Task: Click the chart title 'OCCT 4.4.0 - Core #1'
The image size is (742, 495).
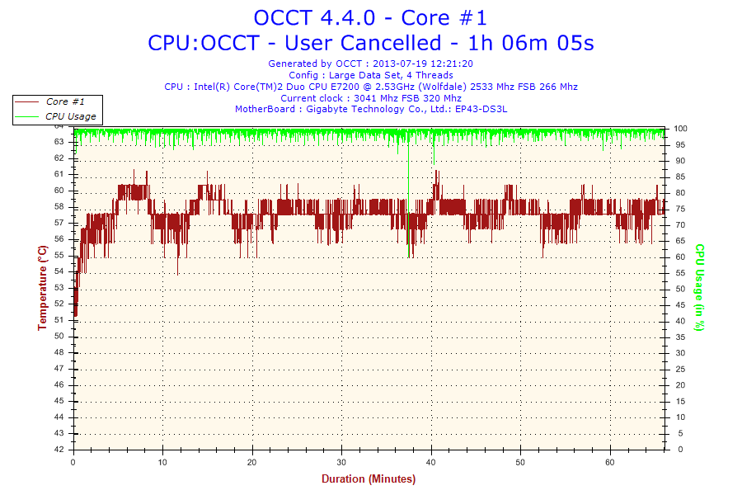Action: [x=370, y=17]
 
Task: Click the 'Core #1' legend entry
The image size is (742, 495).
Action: [x=65, y=101]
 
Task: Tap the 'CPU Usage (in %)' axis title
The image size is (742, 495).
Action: [x=699, y=287]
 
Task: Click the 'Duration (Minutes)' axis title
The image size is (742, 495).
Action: [x=369, y=479]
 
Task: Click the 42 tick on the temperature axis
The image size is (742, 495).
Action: [x=59, y=450]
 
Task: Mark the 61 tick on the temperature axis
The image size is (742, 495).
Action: [x=59, y=174]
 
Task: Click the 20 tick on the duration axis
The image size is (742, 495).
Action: [x=253, y=461]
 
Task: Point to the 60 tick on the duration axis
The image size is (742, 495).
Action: [x=610, y=461]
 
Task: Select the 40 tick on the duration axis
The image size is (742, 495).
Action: [x=431, y=461]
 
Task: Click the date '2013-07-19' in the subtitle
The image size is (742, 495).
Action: [x=398, y=64]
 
